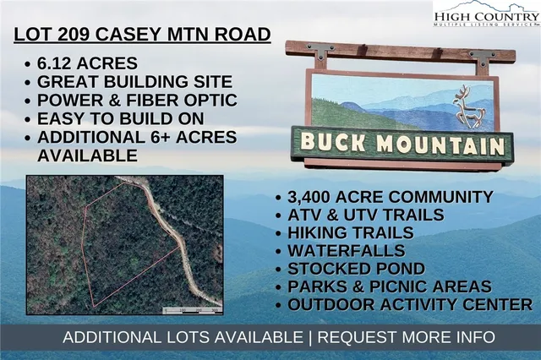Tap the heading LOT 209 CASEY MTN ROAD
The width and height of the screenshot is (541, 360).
coord(143,35)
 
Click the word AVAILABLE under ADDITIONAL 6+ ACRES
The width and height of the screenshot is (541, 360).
coord(86,155)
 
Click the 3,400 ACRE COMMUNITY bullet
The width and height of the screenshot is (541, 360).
coord(390,198)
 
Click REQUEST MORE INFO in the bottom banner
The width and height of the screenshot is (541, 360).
coord(407,337)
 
